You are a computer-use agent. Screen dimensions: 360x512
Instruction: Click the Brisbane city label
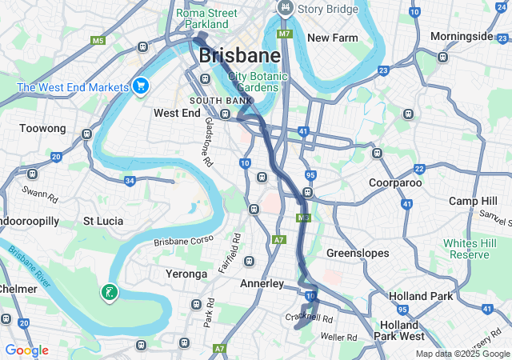point(240,55)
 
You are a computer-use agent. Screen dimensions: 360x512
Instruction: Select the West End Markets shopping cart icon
point(141,85)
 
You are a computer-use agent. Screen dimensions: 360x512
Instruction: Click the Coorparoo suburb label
point(394,182)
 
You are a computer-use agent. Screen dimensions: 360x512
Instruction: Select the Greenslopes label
point(358,253)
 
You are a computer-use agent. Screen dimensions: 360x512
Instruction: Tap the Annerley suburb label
point(262,283)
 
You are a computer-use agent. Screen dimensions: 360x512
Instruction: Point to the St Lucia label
point(102,220)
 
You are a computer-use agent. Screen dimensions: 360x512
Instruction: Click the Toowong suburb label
point(42,128)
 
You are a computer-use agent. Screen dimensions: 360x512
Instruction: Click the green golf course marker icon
point(109,293)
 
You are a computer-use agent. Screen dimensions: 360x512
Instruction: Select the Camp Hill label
point(473,200)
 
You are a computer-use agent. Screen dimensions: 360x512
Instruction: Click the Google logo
point(26,350)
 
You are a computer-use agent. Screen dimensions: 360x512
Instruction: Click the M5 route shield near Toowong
point(98,40)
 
